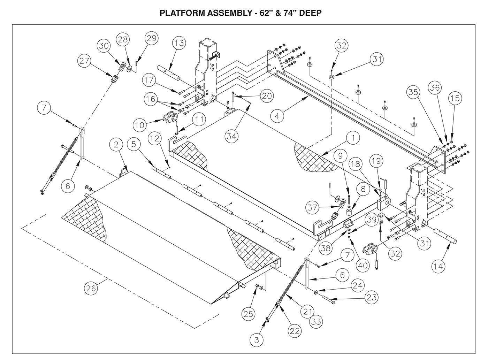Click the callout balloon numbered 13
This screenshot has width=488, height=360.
click(x=179, y=44)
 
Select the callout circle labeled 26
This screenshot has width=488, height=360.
click(x=92, y=288)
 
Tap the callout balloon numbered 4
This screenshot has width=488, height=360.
click(x=277, y=116)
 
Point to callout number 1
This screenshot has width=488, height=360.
click(x=353, y=138)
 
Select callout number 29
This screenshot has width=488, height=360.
click(x=152, y=39)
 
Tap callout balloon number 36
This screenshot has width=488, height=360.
click(x=435, y=88)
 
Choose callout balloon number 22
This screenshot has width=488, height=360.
click(x=295, y=331)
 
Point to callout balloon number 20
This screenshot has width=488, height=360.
click(x=267, y=96)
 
